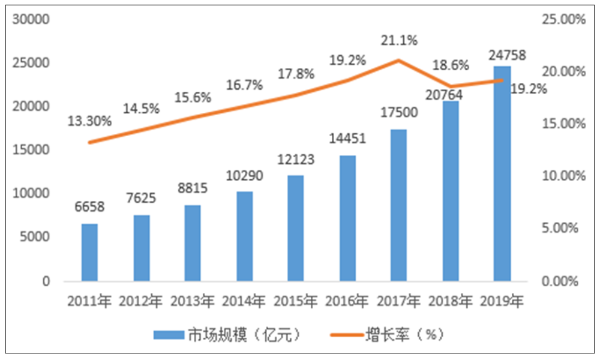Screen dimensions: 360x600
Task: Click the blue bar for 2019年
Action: click(502, 173)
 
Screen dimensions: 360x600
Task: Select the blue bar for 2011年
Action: click(89, 253)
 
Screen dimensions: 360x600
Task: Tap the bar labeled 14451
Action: click(347, 218)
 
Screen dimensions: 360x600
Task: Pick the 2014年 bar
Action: click(244, 236)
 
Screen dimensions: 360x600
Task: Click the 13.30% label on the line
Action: click(89, 121)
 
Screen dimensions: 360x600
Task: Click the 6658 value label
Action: click(89, 208)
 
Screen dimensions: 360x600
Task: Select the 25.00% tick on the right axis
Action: click(562, 19)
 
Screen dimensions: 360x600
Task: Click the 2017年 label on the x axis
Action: click(399, 300)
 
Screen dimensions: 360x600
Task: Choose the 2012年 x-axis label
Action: click(141, 300)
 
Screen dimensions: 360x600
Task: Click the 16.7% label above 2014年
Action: click(245, 85)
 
